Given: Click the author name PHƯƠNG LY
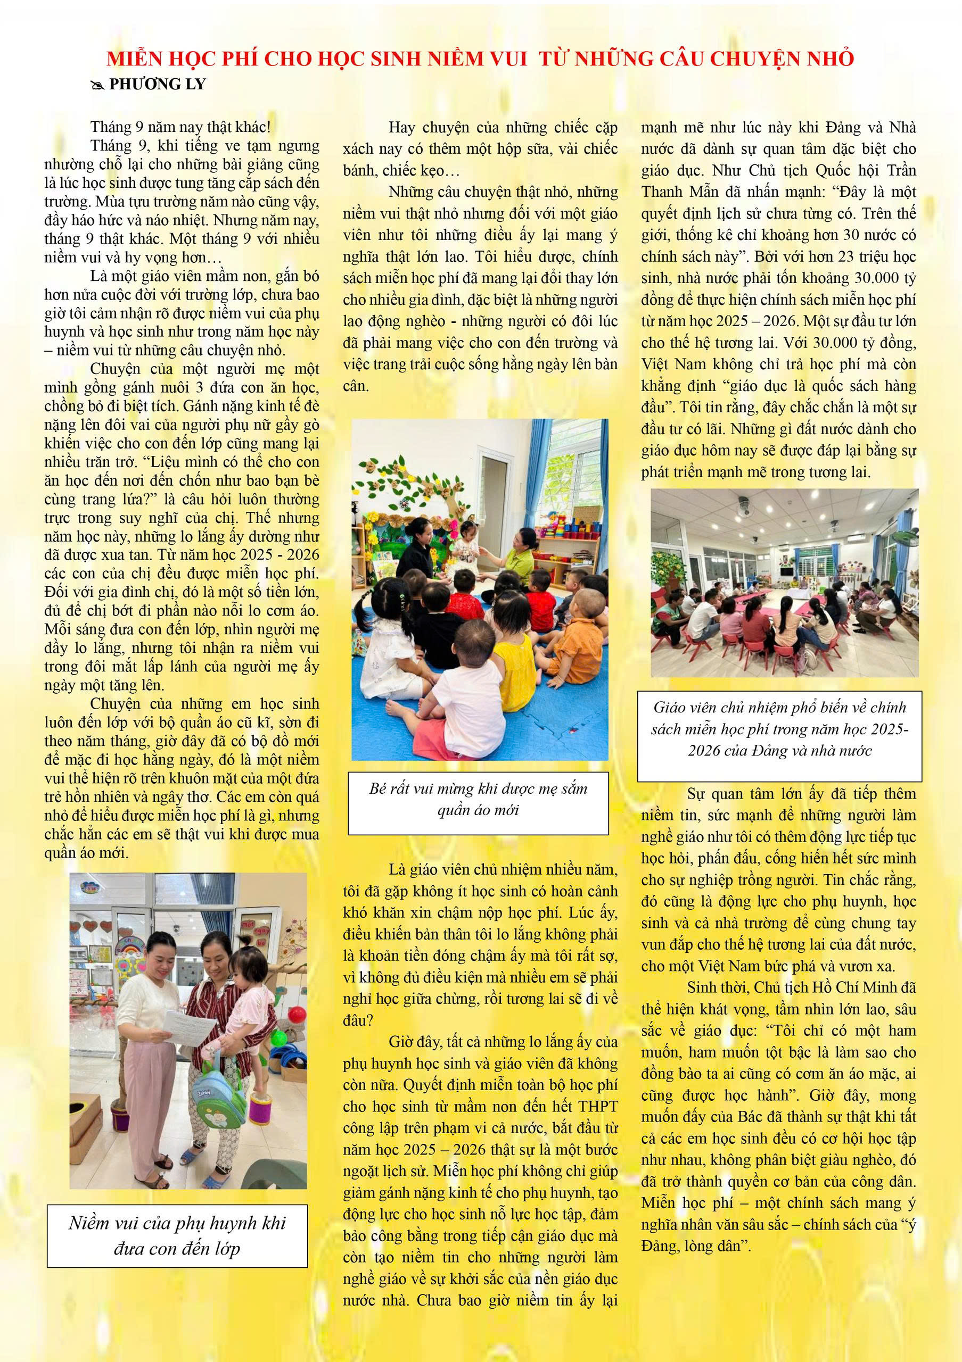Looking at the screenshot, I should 157,84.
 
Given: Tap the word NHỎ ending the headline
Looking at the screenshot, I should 832,58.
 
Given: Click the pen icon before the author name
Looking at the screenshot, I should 97,85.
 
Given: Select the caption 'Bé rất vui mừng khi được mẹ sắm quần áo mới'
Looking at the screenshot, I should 478,799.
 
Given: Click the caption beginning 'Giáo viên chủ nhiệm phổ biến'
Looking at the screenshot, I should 779,729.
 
